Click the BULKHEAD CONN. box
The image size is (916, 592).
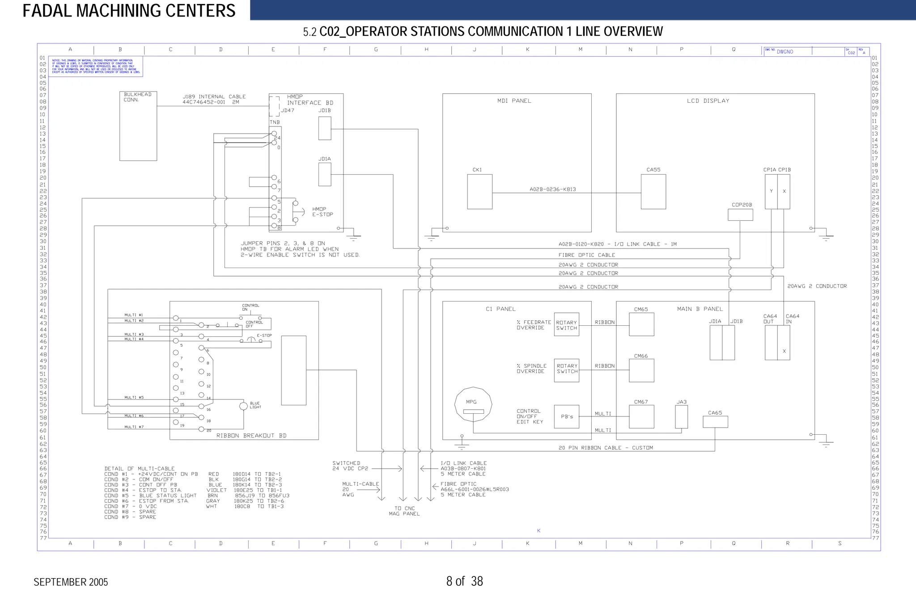click(138, 126)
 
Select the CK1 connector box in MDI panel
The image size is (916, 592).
click(479, 192)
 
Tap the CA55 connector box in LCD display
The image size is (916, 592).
click(653, 192)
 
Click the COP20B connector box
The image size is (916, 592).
click(740, 215)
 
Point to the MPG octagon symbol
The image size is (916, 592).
click(473, 405)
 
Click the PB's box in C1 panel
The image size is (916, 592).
click(566, 416)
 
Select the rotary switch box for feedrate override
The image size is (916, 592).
click(566, 325)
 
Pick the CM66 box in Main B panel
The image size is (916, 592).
click(641, 370)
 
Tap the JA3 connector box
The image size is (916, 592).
click(681, 416)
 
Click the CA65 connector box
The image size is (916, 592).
click(715, 422)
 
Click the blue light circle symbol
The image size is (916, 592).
click(243, 406)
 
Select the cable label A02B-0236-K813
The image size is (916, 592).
click(552, 189)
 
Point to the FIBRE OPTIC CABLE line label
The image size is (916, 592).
click(586, 255)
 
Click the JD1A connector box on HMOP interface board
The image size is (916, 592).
click(325, 174)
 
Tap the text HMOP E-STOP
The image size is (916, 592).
click(322, 212)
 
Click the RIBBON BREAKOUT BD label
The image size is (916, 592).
click(251, 436)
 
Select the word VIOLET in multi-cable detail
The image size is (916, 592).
click(216, 490)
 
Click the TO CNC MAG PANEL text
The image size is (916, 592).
click(404, 511)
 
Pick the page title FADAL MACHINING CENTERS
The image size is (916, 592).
click(129, 11)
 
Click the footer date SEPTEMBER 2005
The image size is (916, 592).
click(71, 582)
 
